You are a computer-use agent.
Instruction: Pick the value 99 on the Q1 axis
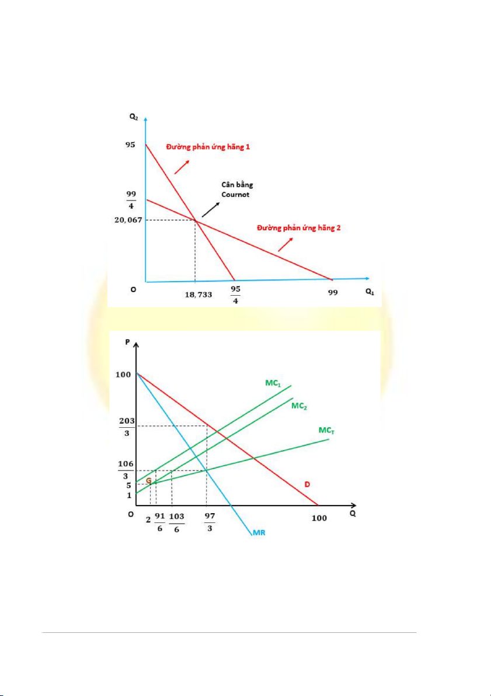pos(332,292)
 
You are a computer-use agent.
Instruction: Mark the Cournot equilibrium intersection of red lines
pos(195,220)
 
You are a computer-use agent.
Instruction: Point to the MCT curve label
pos(326,430)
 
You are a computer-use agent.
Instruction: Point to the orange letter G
pos(149,480)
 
